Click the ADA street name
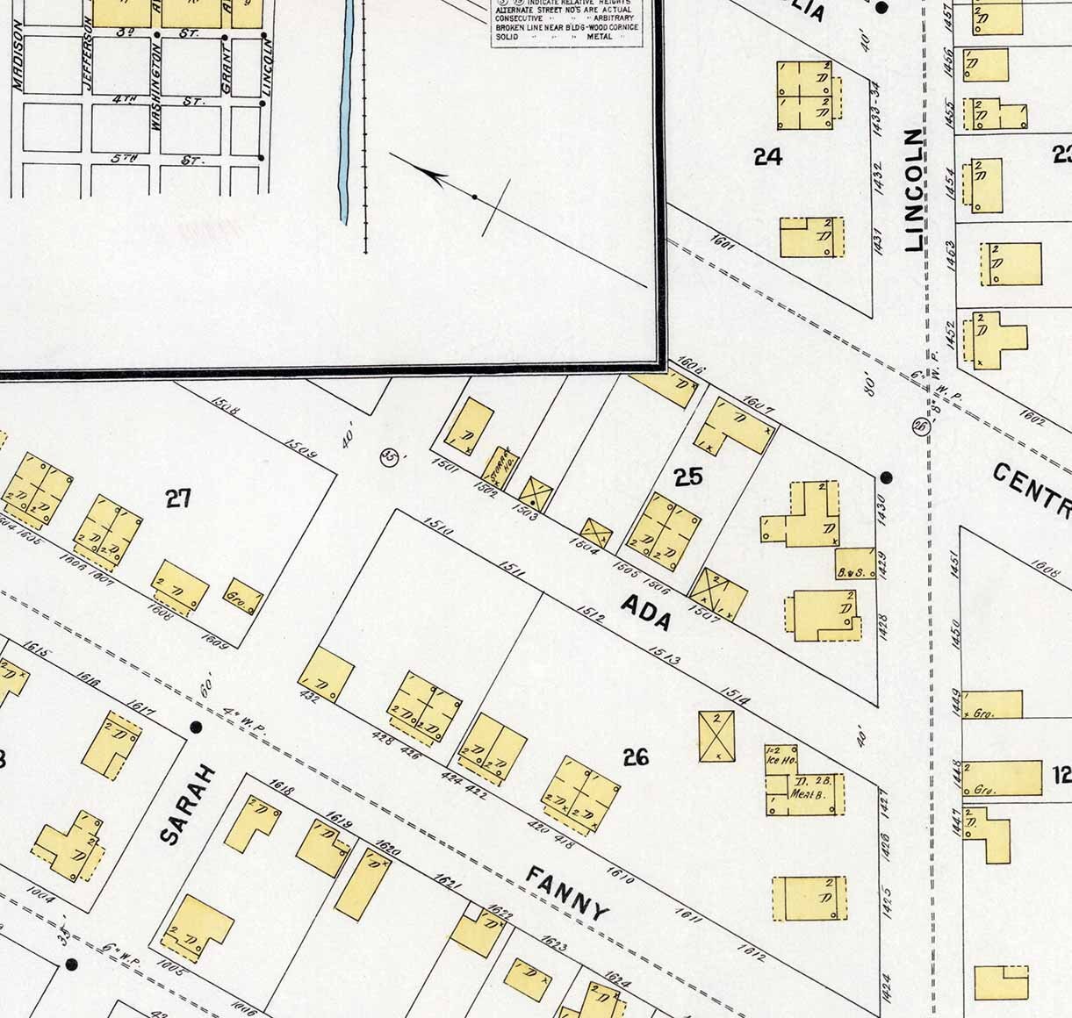tap(647, 613)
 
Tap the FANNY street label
tap(567, 893)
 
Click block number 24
tap(767, 156)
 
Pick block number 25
tap(688, 477)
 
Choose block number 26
tap(635, 756)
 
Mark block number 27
tap(178, 498)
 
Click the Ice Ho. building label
tap(780, 759)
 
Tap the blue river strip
tap(346, 105)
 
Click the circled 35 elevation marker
tap(387, 456)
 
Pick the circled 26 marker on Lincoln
tap(921, 426)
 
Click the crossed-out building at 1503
tap(536, 494)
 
